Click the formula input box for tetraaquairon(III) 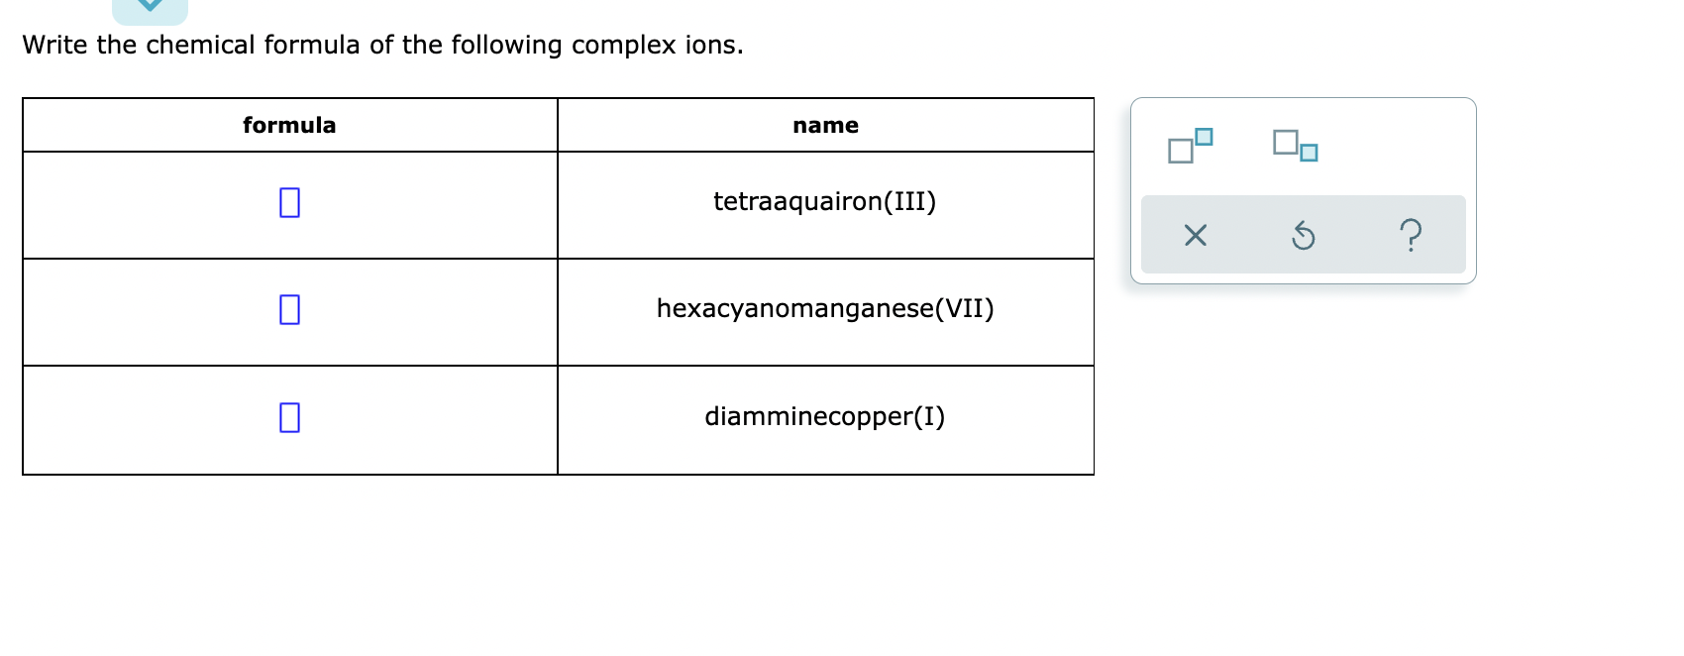pyautogui.click(x=289, y=203)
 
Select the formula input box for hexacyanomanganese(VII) pyautogui.click(x=289, y=310)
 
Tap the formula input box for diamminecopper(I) pyautogui.click(x=289, y=418)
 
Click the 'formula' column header pyautogui.click(x=289, y=125)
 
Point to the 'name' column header pyautogui.click(x=825, y=125)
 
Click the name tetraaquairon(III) pyautogui.click(x=824, y=202)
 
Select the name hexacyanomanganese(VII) pyautogui.click(x=824, y=309)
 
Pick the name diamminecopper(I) pyautogui.click(x=824, y=416)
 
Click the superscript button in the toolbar pyautogui.click(x=1190, y=145)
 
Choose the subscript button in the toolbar pyautogui.click(x=1295, y=145)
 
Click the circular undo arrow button pyautogui.click(x=1304, y=236)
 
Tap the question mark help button pyautogui.click(x=1412, y=236)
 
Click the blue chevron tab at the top pyautogui.click(x=150, y=8)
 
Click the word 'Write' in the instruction pyautogui.click(x=54, y=46)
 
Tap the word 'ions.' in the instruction pyautogui.click(x=713, y=46)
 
